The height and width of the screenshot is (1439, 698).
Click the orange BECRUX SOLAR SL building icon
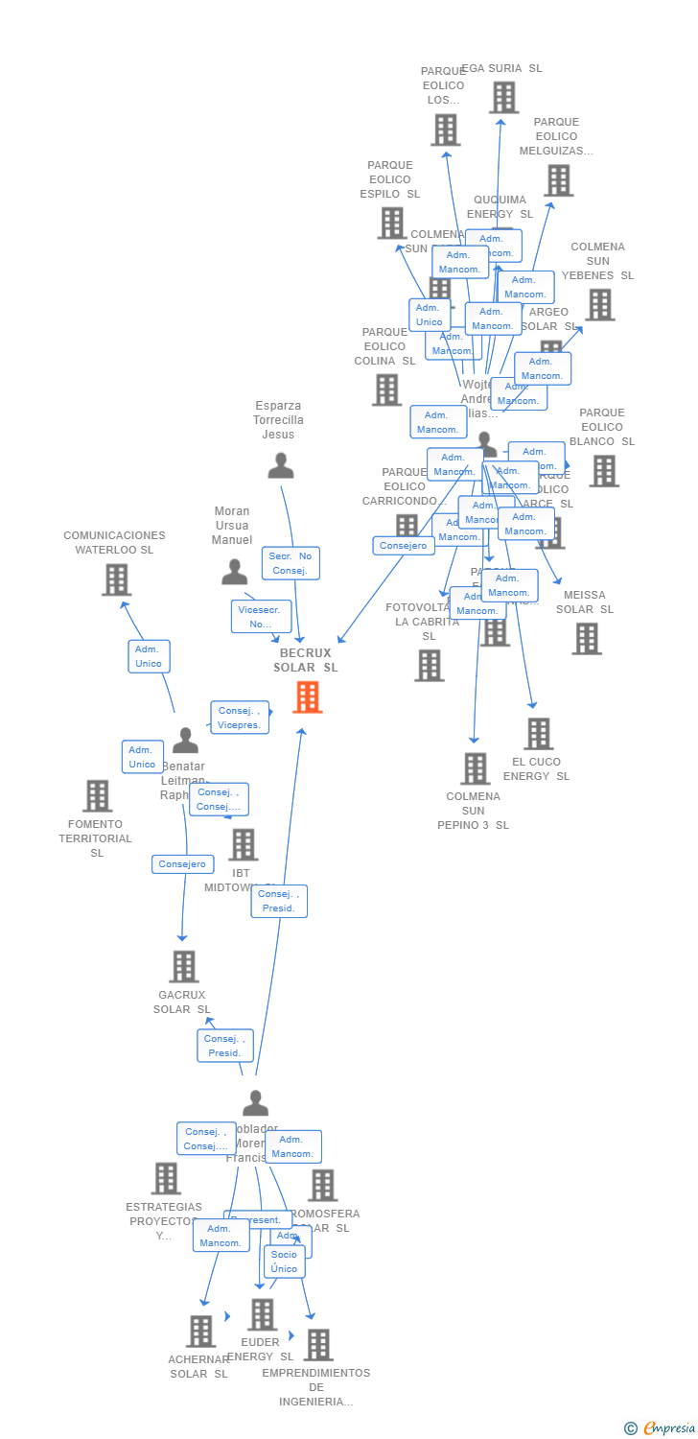pyautogui.click(x=308, y=697)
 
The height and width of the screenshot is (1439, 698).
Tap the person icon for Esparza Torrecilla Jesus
pyautogui.click(x=280, y=466)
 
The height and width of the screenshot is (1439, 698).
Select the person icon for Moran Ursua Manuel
pyautogui.click(x=234, y=573)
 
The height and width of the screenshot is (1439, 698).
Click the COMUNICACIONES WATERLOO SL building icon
pyautogui.click(x=116, y=579)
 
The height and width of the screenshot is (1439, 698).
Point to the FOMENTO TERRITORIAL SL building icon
pyautogui.click(x=97, y=796)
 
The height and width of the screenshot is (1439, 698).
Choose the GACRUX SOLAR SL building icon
pyautogui.click(x=183, y=967)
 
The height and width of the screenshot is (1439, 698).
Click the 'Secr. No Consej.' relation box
pyautogui.click(x=291, y=563)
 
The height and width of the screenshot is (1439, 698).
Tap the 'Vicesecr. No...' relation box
pyautogui.click(x=261, y=616)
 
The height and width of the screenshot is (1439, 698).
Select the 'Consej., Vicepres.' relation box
pyautogui.click(x=240, y=718)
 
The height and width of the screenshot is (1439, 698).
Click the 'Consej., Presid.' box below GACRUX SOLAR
pyautogui.click(x=225, y=1046)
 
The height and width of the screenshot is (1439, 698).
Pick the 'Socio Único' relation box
pyautogui.click(x=284, y=1262)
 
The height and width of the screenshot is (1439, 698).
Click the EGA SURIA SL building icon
pyautogui.click(x=503, y=98)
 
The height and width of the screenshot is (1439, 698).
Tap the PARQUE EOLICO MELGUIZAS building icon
pyautogui.click(x=558, y=180)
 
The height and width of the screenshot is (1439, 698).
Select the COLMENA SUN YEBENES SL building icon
pyautogui.click(x=599, y=305)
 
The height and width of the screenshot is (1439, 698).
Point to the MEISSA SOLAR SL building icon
pyautogui.click(x=586, y=639)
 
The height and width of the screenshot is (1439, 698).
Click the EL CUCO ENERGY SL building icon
pyautogui.click(x=538, y=734)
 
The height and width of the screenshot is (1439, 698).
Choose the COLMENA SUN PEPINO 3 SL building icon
pyautogui.click(x=475, y=768)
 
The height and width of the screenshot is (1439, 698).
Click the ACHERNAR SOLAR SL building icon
pyautogui.click(x=200, y=1331)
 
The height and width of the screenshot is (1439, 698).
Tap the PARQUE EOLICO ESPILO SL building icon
pyautogui.click(x=391, y=224)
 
